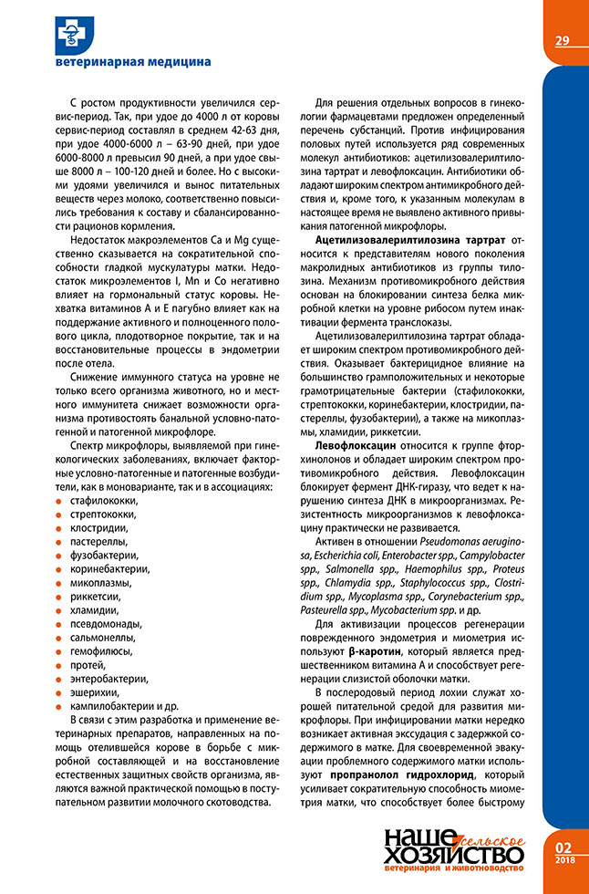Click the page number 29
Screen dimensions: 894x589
(562, 40)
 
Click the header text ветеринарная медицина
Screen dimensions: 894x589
(133, 61)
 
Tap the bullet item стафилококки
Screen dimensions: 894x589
(105, 501)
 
